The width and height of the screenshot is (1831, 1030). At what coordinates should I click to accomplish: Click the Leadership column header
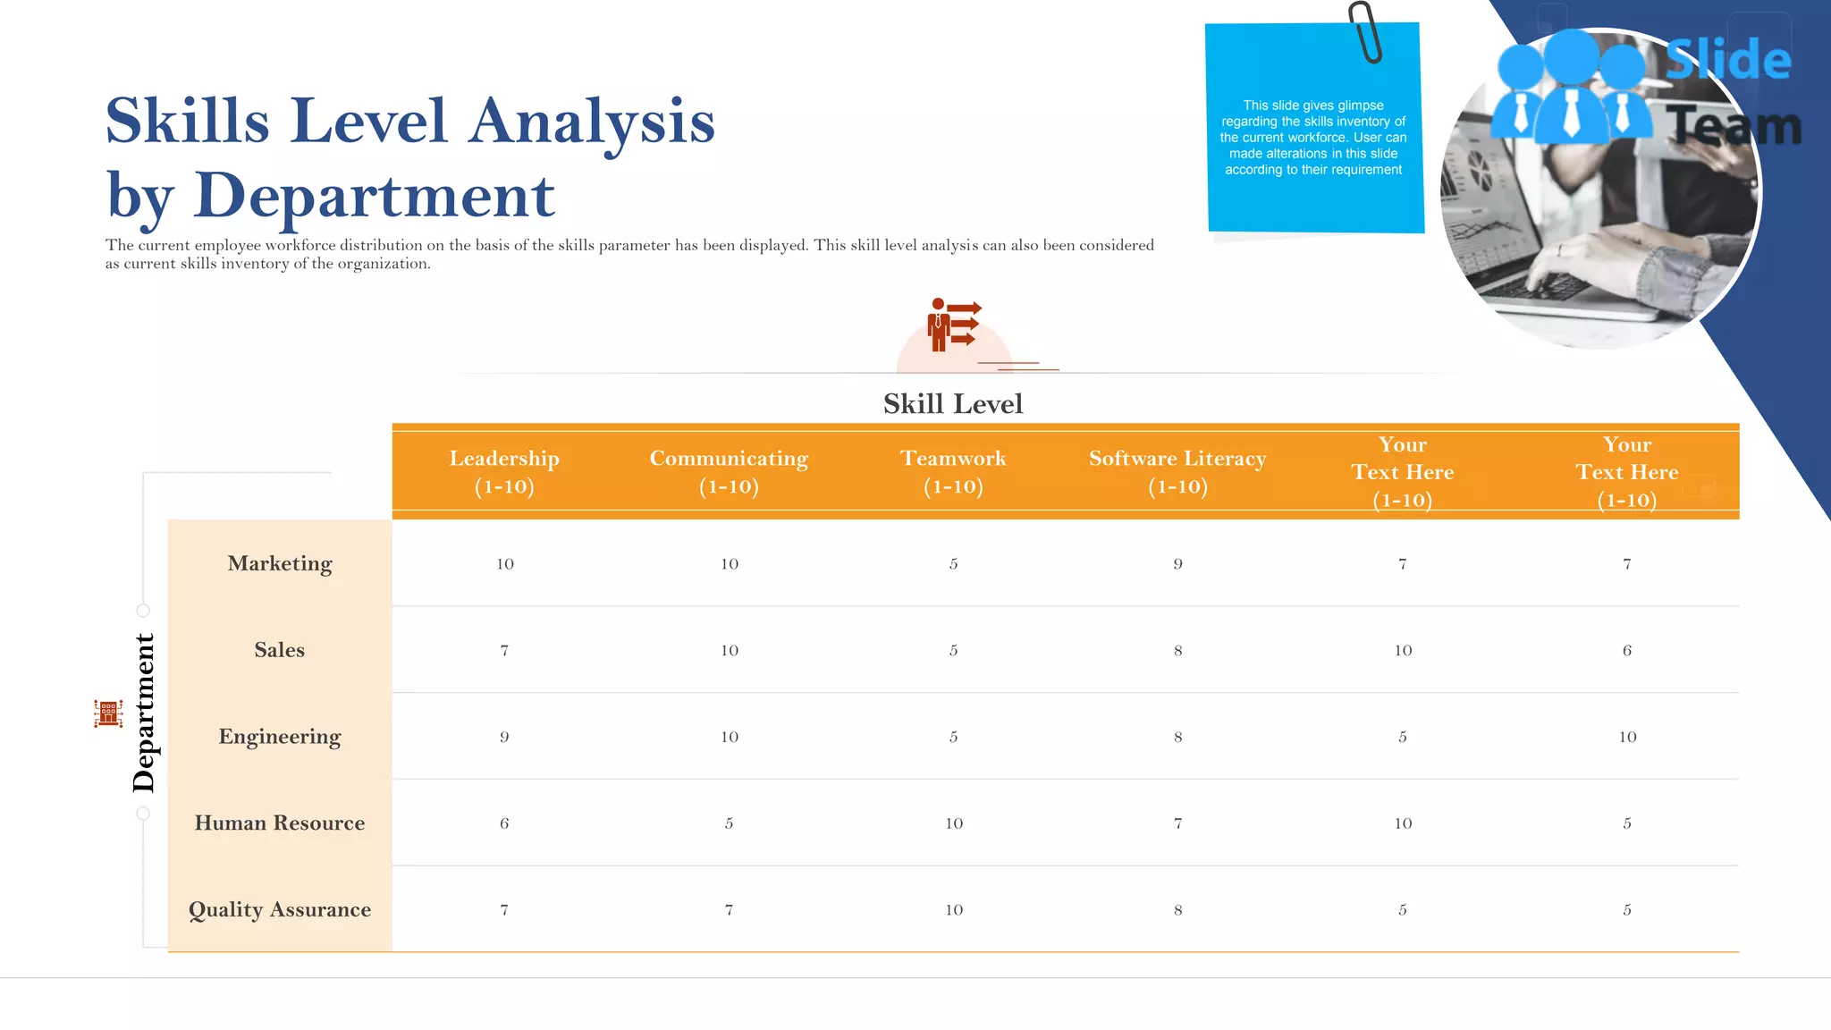click(504, 471)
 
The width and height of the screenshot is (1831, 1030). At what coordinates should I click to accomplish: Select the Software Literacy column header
click(1177, 471)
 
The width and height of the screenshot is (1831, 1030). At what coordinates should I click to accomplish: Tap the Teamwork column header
click(953, 471)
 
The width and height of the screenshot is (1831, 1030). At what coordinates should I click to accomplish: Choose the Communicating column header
click(729, 471)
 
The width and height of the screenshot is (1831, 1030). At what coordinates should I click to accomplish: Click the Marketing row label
click(280, 563)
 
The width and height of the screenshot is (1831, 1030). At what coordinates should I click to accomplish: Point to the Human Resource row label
click(280, 823)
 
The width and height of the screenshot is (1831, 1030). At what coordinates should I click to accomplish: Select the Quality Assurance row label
click(280, 909)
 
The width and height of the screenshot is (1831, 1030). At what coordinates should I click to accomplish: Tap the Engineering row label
click(280, 737)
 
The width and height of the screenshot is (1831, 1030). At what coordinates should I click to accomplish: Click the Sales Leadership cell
click(504, 651)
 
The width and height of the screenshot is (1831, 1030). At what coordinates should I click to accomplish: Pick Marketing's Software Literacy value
click(1177, 564)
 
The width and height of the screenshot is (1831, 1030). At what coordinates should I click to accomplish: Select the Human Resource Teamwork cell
click(954, 823)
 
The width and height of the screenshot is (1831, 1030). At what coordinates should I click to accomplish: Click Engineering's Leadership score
click(504, 738)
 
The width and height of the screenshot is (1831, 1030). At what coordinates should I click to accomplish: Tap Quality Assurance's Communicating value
click(729, 910)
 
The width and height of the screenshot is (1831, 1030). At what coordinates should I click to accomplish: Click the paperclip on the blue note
click(1365, 32)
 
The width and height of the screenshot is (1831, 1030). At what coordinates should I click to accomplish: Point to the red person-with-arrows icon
click(953, 325)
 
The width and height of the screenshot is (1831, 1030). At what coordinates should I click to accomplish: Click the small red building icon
click(108, 713)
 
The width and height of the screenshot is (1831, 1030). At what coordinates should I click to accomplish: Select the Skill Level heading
click(953, 404)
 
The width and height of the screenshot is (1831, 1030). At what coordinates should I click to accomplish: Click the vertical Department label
click(143, 713)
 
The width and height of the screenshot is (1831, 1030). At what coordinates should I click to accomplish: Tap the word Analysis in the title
click(592, 122)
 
